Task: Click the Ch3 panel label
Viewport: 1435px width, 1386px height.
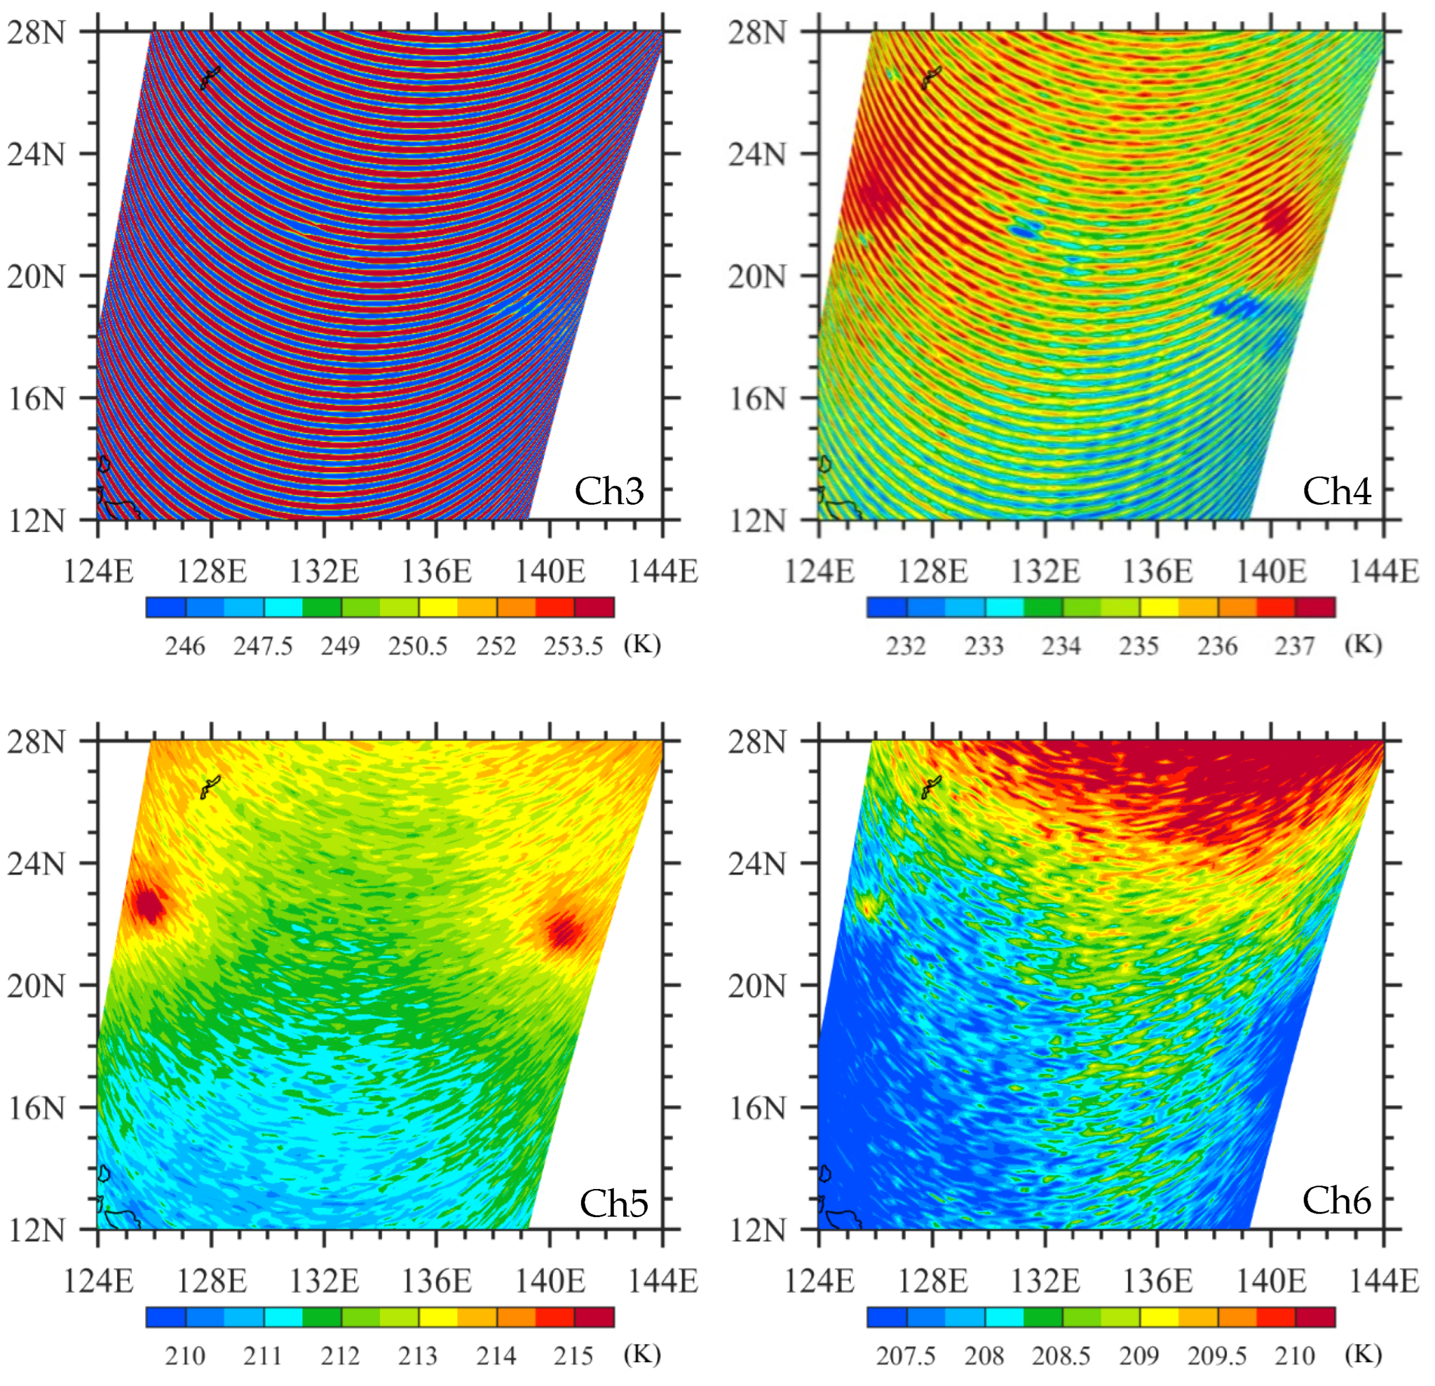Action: coord(608,491)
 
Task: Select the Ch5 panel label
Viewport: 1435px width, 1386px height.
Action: coord(614,1203)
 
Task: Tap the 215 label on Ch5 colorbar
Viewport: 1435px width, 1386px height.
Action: coord(573,1356)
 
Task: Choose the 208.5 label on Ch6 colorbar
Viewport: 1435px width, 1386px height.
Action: coord(1061,1356)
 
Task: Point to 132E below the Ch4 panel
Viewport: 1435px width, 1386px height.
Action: coord(1045,571)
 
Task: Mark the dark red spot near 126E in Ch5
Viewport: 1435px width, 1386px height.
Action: coord(149,905)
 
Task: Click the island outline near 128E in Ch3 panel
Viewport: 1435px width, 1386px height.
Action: coord(209,76)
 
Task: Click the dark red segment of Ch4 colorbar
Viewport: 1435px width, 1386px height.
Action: coord(1315,607)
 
